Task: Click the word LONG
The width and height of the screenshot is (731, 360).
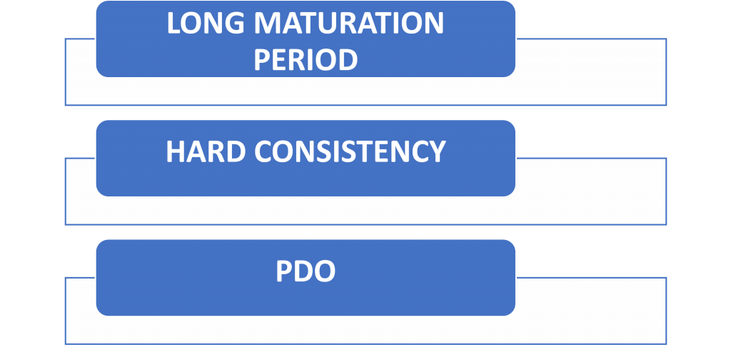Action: point(206,24)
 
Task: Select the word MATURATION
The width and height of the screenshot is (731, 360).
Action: point(348,24)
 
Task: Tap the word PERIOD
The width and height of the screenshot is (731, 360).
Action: point(306,60)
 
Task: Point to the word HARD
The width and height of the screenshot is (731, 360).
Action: point(205,151)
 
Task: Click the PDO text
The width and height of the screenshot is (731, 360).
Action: point(306,271)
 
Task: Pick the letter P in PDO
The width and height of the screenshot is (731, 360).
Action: point(283,271)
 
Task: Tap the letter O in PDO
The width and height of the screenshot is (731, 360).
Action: point(325,271)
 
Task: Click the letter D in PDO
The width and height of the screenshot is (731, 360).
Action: point(303,271)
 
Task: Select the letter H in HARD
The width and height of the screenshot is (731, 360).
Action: point(176,151)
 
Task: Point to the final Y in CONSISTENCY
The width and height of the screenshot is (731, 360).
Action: point(438,151)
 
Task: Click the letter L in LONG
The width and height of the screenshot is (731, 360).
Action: point(174,24)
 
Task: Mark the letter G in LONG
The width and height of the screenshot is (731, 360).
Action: point(234,24)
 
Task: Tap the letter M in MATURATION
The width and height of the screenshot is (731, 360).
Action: point(267,24)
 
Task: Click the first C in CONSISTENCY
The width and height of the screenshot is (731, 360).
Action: point(263,151)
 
